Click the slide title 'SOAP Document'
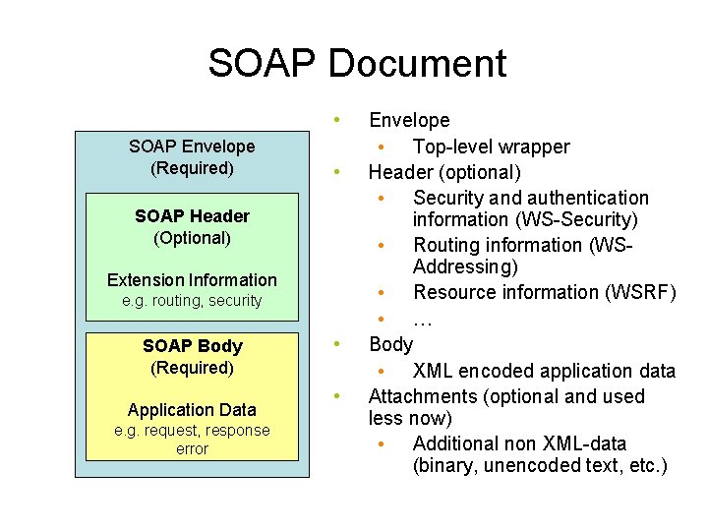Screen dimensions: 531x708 (x=357, y=64)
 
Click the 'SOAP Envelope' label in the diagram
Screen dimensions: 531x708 (x=192, y=147)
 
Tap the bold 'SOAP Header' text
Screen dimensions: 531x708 (x=192, y=216)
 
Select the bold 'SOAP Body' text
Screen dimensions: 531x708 (x=192, y=346)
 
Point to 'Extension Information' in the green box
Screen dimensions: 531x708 (x=192, y=280)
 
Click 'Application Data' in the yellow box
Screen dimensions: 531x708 (x=192, y=410)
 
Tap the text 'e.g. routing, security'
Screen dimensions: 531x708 (x=192, y=301)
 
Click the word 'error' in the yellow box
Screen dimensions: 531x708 (x=192, y=449)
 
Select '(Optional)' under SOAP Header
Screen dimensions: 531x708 (x=192, y=238)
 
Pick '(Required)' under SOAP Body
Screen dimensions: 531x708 (x=192, y=368)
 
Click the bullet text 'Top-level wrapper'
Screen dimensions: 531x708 (x=491, y=147)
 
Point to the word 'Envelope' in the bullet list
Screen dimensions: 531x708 (x=409, y=121)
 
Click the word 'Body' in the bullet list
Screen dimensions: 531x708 (x=390, y=344)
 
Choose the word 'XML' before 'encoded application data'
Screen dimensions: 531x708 (x=434, y=371)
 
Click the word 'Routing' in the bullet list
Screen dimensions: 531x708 (x=446, y=245)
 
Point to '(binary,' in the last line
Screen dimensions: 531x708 (x=447, y=465)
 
